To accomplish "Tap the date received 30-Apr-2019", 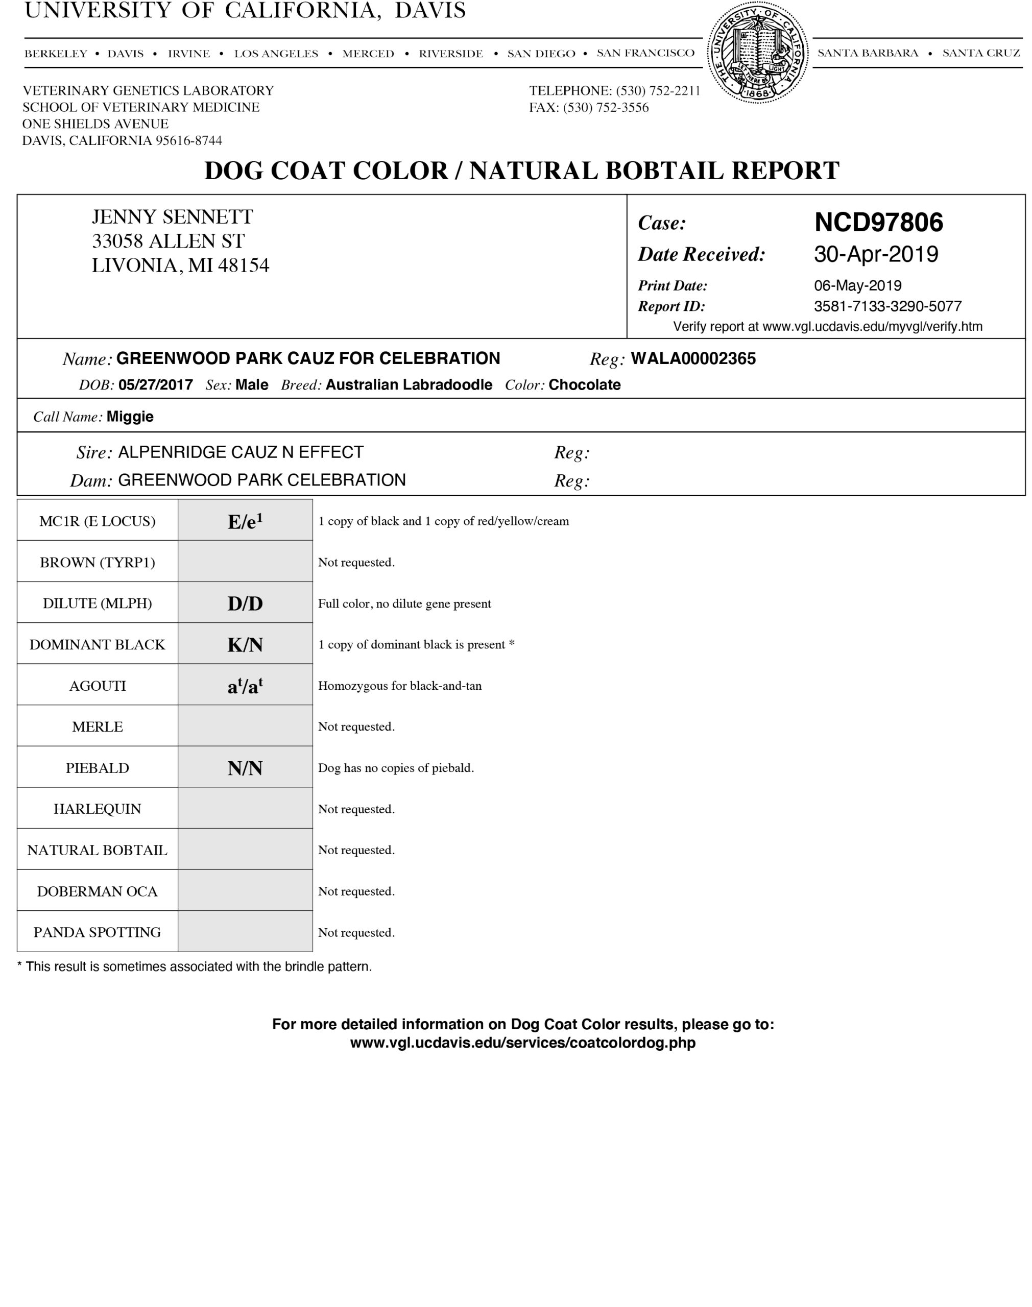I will coord(876,254).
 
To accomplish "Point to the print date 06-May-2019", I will coord(857,286).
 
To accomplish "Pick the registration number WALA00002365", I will coord(693,359).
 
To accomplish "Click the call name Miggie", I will coord(130,417).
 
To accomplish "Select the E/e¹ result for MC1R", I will coord(245,521).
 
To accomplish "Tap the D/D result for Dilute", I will coord(245,603).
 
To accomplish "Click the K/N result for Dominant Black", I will coord(245,644).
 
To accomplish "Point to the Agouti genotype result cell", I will coord(245,686).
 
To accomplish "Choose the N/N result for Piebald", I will coord(245,768).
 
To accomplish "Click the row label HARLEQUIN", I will coord(98,809).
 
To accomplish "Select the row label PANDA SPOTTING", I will coord(98,932).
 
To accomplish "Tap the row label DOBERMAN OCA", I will coord(98,891).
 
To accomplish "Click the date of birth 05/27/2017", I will coord(155,385).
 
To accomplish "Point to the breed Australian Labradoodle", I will coord(409,385).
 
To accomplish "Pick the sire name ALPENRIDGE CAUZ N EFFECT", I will coord(241,452).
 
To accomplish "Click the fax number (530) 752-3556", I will coord(606,108).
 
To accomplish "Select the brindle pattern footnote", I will coord(195,966).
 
